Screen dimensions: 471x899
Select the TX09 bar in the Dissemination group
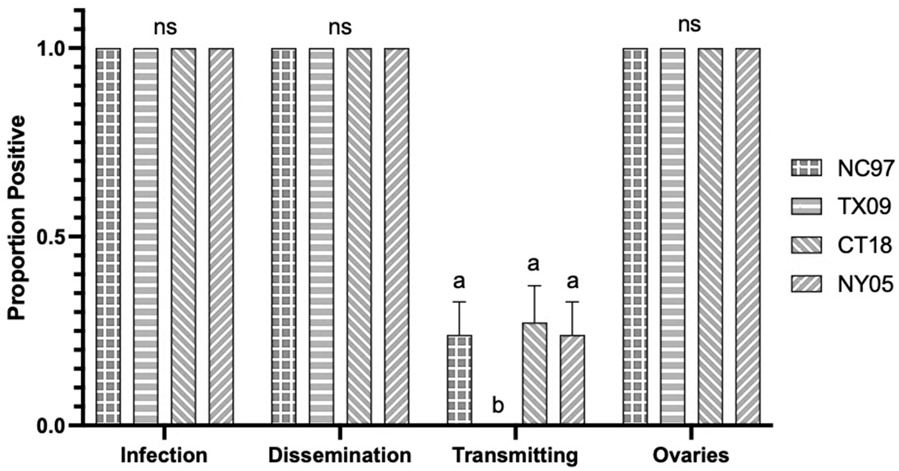click(321, 236)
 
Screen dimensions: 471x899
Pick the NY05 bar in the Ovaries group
click(748, 236)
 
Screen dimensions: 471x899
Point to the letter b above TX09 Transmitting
click(498, 406)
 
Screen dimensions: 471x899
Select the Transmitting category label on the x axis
click(515, 455)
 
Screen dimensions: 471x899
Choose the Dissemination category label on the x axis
click(340, 455)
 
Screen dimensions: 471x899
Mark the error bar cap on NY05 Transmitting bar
click(572, 302)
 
